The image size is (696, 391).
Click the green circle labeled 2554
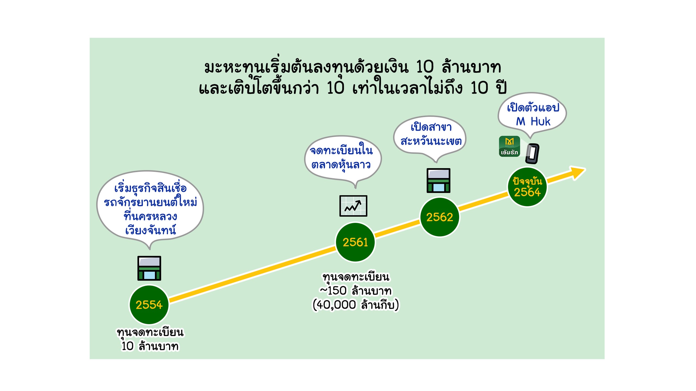coord(149,305)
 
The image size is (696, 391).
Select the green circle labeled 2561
coord(355,242)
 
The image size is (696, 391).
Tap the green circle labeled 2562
coord(440,217)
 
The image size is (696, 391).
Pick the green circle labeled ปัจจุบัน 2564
coord(527,187)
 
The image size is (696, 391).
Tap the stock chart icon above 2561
coord(353,206)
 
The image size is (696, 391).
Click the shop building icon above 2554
coord(149,268)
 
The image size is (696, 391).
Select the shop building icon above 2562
coord(438,181)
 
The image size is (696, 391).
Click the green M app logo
coord(509,146)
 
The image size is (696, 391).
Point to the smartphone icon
coord(532,154)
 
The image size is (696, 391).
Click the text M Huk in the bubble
coord(533,122)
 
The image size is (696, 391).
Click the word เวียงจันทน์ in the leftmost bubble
coord(150,231)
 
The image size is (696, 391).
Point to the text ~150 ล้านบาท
coord(356,291)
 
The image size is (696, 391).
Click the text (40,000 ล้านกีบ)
coord(356,305)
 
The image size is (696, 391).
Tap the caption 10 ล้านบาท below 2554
coord(150,346)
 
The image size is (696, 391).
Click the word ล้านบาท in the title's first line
coord(471,67)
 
